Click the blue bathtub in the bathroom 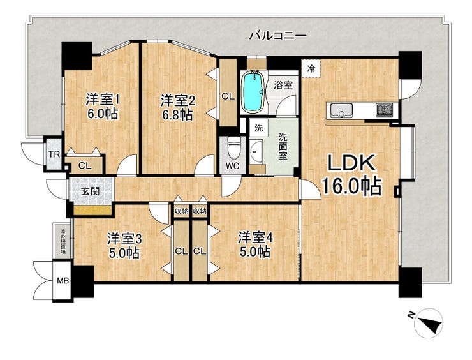[x=253, y=92]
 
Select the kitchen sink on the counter [x=341, y=110]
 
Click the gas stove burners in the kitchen [x=385, y=110]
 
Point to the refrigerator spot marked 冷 [x=311, y=69]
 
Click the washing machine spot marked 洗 [x=259, y=128]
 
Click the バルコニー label [x=279, y=36]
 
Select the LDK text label [x=351, y=164]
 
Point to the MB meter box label [x=63, y=281]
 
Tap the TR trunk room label [x=54, y=155]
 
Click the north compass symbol [x=427, y=322]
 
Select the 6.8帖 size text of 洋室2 [x=177, y=115]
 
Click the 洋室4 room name [x=255, y=237]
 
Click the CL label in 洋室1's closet [x=85, y=165]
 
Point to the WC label [x=232, y=166]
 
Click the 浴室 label [x=283, y=86]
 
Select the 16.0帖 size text [x=352, y=186]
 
